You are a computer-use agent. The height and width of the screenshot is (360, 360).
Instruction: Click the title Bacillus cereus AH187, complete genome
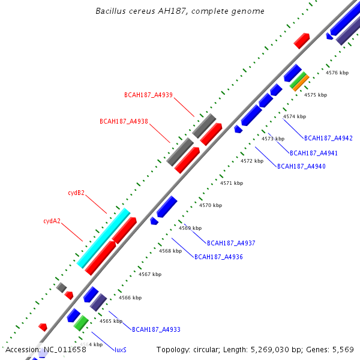coord(180,11)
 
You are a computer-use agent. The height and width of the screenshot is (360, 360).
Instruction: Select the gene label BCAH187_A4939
coord(148,95)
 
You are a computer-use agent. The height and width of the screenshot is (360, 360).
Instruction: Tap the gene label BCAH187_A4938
coord(124,121)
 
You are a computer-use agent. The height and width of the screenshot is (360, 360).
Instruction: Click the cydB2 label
coord(76,193)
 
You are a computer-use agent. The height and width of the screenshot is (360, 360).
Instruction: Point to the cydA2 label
coord(52,221)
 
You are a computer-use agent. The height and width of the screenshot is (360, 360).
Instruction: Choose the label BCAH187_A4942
coord(328,139)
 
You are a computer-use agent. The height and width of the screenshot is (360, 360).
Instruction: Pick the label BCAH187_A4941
coord(313,153)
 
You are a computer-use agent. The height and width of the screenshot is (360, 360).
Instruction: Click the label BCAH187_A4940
coord(301,166)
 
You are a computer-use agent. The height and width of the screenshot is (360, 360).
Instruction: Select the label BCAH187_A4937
coord(231,243)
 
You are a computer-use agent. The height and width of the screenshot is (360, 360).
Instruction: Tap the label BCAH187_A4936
coord(218,257)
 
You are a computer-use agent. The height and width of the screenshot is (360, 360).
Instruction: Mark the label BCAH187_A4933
coord(156,329)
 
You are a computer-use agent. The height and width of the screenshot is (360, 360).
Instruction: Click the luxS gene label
coord(121,350)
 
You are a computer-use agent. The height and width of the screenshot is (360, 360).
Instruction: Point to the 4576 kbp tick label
coord(337,73)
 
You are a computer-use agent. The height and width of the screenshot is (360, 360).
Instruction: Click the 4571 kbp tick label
coord(231,183)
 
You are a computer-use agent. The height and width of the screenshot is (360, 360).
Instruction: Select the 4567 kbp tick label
coord(149,274)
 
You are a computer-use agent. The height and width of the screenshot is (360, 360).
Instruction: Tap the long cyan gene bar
coord(104,238)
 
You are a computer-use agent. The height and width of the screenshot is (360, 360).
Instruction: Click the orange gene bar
coord(300,82)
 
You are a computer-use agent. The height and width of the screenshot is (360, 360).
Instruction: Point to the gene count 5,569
coord(343,349)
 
